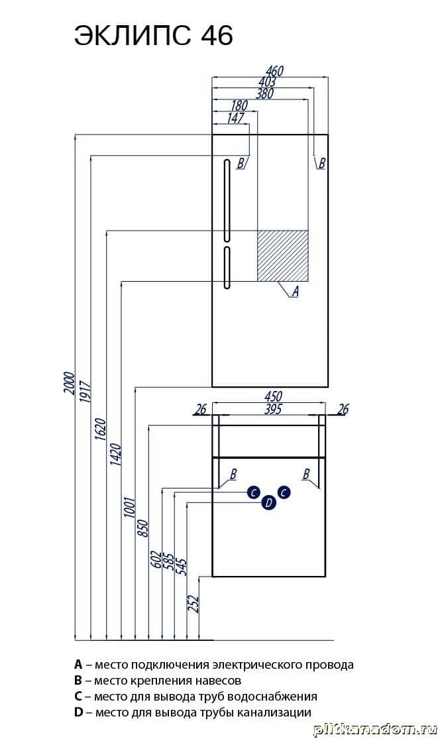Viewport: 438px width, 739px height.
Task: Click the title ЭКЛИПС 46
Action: click(153, 36)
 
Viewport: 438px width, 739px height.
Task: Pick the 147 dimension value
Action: click(235, 118)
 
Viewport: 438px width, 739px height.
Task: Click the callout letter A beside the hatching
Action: click(295, 290)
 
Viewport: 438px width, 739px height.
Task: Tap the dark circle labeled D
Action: click(268, 503)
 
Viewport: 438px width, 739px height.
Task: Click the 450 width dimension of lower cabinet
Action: click(273, 397)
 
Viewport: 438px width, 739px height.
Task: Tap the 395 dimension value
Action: click(273, 410)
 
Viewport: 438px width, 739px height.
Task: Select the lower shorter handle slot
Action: click(227, 267)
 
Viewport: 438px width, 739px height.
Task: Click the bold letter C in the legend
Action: click(78, 697)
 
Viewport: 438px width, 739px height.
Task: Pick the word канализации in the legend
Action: click(278, 712)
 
